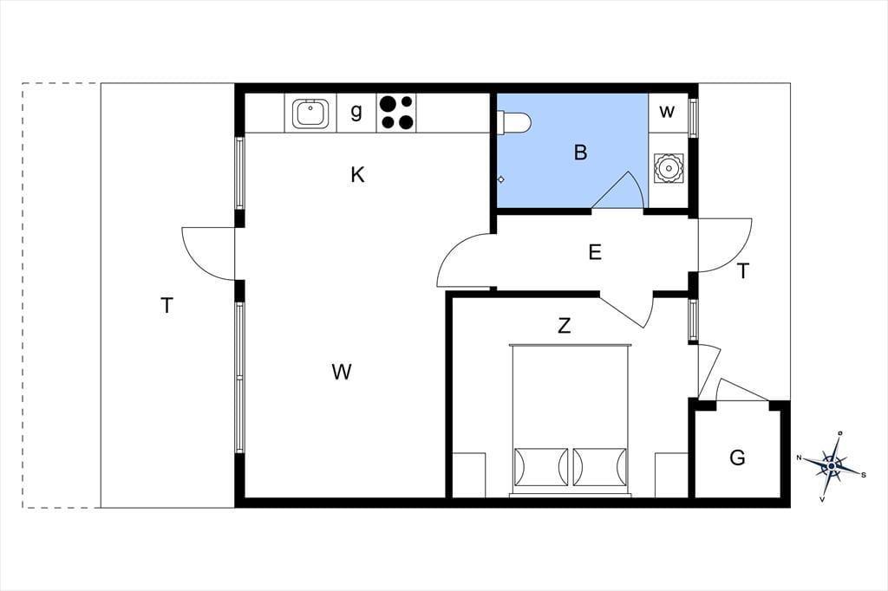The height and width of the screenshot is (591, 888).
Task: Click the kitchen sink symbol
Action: pyautogui.click(x=310, y=114)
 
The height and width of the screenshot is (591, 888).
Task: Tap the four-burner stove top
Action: pyautogui.click(x=396, y=113)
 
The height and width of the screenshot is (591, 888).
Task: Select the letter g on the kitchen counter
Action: pyautogui.click(x=356, y=111)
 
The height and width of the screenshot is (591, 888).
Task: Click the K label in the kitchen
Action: pyautogui.click(x=357, y=175)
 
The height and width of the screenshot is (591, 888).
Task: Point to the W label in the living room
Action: pyautogui.click(x=342, y=372)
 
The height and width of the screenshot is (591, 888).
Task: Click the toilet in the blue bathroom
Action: pyautogui.click(x=513, y=121)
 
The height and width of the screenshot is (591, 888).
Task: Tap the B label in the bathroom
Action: pyautogui.click(x=580, y=153)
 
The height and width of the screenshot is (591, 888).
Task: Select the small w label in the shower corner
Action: pyautogui.click(x=667, y=112)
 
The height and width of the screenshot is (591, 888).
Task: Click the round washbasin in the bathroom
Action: pyautogui.click(x=669, y=168)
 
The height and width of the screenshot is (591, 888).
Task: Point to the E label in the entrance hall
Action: pyautogui.click(x=595, y=252)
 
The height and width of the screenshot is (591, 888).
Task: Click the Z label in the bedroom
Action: pyautogui.click(x=564, y=326)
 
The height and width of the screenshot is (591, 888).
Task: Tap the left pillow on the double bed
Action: pyautogui.click(x=541, y=467)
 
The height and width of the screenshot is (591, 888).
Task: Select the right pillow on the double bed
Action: pyautogui.click(x=600, y=467)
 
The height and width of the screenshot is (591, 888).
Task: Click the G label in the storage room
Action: pyautogui.click(x=737, y=458)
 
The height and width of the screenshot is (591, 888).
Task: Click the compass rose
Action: pyautogui.click(x=832, y=466)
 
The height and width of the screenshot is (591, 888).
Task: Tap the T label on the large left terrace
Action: pyautogui.click(x=166, y=306)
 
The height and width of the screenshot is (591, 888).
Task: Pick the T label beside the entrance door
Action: pyautogui.click(x=743, y=271)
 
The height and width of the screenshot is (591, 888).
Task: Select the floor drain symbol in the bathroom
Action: pyautogui.click(x=500, y=179)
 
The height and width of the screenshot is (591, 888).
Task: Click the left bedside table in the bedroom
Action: pyautogui.click(x=469, y=475)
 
